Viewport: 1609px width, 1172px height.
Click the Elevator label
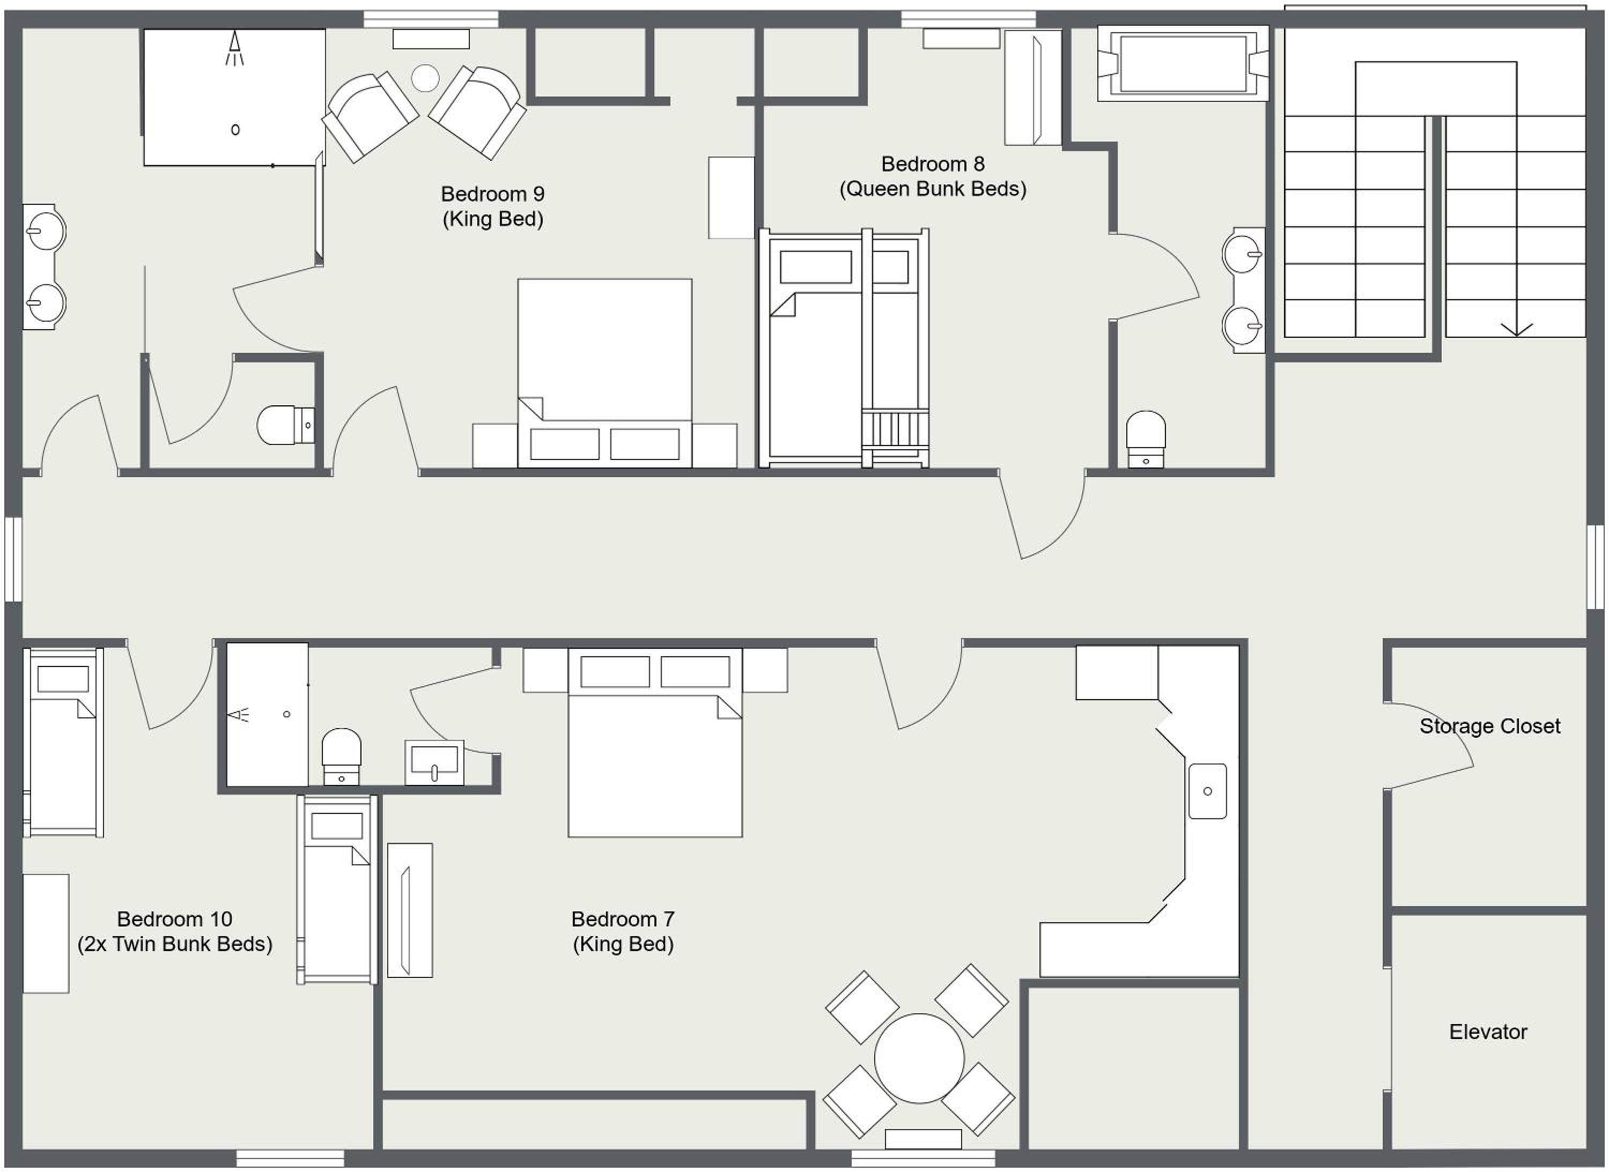coord(1488,1032)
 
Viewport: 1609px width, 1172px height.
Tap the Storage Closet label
coord(1490,726)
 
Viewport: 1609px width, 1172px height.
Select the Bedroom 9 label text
coord(492,194)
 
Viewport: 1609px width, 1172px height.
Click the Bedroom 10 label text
coord(175,919)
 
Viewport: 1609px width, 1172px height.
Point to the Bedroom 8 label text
coord(933,164)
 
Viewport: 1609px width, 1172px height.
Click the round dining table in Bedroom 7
coord(919,1058)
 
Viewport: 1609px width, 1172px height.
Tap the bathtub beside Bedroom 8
coord(1183,64)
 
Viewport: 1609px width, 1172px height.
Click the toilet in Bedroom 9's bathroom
coord(286,425)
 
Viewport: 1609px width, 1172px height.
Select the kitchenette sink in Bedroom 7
coord(1207,791)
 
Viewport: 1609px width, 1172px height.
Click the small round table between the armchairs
coord(425,78)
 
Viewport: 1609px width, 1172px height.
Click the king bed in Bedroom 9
coord(604,373)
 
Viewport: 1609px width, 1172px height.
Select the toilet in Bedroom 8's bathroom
coord(1146,439)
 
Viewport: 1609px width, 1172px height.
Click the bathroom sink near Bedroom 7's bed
coord(434,762)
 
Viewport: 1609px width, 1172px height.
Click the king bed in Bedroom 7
coord(655,743)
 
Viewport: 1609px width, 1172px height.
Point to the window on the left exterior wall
coord(13,560)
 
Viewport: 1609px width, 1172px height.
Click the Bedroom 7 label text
coord(623,919)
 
